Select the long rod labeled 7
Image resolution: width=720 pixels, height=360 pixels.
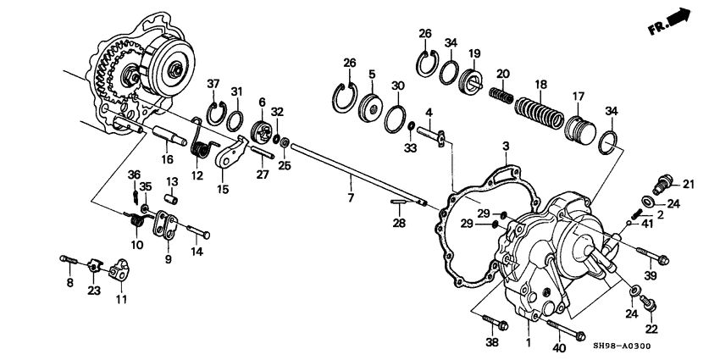359,174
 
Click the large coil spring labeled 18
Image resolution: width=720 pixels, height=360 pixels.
539,113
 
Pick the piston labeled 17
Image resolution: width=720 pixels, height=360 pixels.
579,129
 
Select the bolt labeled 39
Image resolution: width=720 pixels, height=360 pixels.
652,255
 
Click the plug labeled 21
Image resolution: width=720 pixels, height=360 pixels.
663,184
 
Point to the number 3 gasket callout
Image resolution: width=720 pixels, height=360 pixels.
506,147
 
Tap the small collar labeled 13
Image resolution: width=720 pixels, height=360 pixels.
172,199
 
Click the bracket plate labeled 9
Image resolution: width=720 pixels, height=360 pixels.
166,225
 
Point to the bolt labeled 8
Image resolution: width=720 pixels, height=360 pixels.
69,260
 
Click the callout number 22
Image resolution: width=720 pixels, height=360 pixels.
652,330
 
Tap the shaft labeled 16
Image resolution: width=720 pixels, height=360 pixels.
169,135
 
